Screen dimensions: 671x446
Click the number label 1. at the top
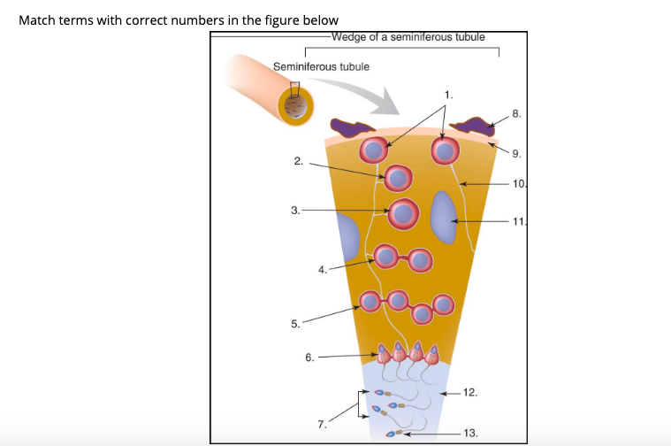coord(449,93)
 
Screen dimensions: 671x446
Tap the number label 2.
coord(299,161)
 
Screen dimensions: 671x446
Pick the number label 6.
coord(309,358)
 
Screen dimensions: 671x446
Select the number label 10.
coord(520,184)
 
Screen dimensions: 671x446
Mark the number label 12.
coord(470,391)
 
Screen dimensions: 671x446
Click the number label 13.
coord(470,433)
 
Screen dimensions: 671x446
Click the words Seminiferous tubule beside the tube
coord(321,66)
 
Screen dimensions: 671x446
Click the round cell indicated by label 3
coord(404,213)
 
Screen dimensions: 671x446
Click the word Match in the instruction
coord(37,20)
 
